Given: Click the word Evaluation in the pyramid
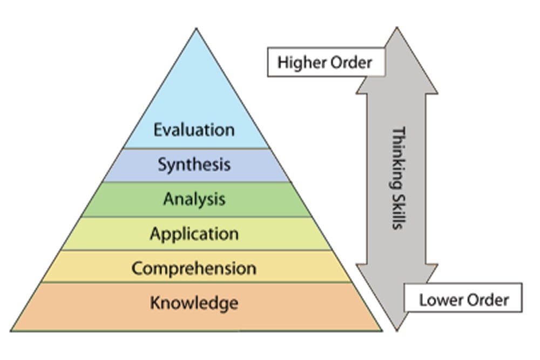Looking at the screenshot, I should tap(194, 130).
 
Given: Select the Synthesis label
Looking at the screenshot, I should tap(194, 165).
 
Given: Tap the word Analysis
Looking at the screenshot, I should tap(194, 199).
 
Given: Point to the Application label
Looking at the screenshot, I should tap(194, 234).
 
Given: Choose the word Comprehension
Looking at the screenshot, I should tap(194, 268).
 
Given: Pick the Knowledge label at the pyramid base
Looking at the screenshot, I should tap(194, 302).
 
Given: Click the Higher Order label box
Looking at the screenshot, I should tap(325, 62).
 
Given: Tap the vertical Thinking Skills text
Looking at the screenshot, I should tap(397, 178).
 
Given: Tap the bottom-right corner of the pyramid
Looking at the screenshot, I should tap(381, 330).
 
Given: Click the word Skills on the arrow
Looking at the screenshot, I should tap(397, 208).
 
